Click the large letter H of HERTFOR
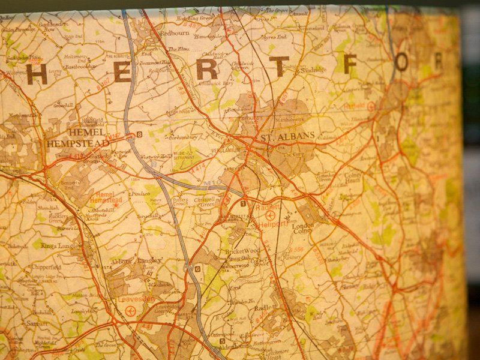coord(37,74)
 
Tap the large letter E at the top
coord(121,71)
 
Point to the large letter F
coord(353,62)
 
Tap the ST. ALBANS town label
coord(287,137)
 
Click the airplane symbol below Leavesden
coord(131,310)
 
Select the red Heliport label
coord(274,224)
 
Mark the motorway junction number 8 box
coord(140,134)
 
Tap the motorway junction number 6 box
coord(197,269)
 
